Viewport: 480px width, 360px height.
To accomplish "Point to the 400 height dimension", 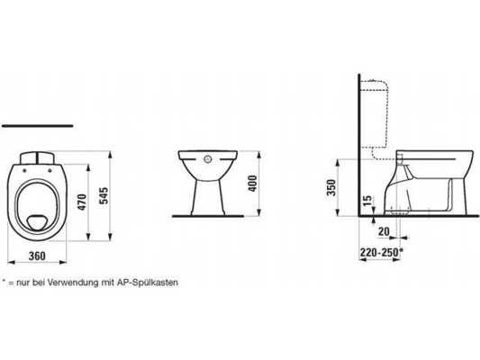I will pyautogui.click(x=254, y=182).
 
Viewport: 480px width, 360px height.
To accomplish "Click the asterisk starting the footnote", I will pyautogui.click(x=4, y=281).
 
